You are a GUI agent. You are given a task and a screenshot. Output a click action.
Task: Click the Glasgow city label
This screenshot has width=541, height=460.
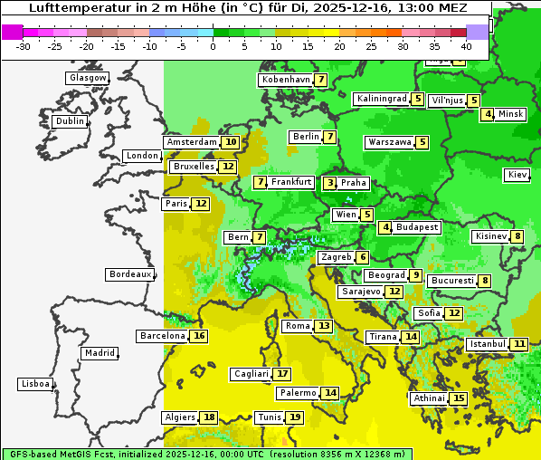[x=87, y=78]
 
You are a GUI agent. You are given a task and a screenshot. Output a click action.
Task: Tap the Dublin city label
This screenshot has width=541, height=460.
[x=69, y=121]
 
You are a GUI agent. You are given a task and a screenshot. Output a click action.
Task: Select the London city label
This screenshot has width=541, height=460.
[x=142, y=156]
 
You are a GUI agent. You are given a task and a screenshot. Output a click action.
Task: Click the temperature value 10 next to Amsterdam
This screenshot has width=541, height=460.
[x=231, y=142]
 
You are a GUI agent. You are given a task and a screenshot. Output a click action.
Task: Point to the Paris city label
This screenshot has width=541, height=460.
[x=176, y=204]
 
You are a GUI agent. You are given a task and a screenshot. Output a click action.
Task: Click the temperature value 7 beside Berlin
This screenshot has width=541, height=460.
[x=330, y=137]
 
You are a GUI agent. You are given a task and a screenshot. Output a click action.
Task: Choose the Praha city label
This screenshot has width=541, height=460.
[x=354, y=183]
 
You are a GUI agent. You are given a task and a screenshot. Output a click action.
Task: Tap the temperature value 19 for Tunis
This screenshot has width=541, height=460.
[x=294, y=417]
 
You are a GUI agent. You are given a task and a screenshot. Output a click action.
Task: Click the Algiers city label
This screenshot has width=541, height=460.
[x=180, y=417]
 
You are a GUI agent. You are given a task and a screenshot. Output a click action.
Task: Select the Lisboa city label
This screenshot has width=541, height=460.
[x=34, y=384]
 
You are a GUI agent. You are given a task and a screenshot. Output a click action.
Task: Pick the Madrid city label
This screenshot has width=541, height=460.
[x=99, y=353]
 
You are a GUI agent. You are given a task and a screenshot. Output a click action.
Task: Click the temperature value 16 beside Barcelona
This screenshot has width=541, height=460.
[x=200, y=336]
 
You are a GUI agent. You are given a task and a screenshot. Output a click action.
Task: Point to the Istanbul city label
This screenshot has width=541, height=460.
[x=488, y=344]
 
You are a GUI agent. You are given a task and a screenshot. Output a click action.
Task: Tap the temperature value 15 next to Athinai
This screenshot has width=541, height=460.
[x=459, y=398]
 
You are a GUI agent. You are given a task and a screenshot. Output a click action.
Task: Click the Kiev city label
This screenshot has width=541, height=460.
[x=517, y=174]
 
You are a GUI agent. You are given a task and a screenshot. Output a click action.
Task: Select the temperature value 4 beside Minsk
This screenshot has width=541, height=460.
[x=488, y=114]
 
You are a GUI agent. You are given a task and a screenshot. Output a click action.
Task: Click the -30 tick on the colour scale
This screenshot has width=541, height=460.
[x=24, y=46]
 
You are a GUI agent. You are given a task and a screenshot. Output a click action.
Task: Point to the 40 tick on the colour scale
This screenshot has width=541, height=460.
[x=466, y=46]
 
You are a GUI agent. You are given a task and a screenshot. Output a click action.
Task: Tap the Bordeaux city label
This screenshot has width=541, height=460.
[x=129, y=274]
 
